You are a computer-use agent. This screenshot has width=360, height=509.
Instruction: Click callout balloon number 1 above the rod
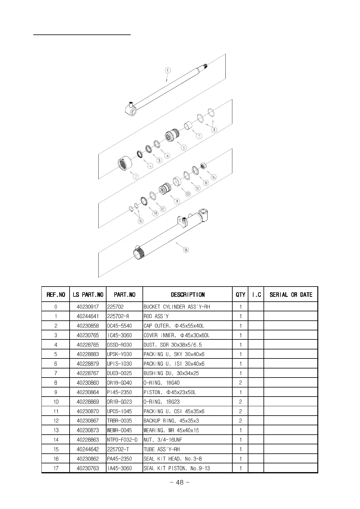(x=168, y=70)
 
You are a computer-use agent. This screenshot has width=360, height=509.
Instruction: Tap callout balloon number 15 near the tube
(x=186, y=250)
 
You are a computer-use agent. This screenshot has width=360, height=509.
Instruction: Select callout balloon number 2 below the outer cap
(x=136, y=177)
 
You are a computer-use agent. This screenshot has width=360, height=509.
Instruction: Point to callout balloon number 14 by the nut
(x=214, y=177)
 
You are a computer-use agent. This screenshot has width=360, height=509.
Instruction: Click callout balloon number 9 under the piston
(x=177, y=201)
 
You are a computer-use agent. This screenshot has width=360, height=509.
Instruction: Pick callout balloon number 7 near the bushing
(x=199, y=136)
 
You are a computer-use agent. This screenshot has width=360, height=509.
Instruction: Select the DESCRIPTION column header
(x=188, y=295)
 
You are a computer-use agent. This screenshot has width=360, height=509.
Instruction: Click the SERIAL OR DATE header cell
(x=291, y=295)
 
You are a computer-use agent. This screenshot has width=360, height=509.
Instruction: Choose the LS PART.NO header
(x=88, y=295)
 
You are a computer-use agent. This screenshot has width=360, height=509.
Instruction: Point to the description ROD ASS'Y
(x=156, y=316)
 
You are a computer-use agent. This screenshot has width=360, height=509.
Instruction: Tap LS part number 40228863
(x=88, y=440)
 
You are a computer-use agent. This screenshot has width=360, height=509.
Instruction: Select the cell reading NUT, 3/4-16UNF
(x=163, y=440)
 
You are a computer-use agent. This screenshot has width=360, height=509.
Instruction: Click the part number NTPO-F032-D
(x=122, y=440)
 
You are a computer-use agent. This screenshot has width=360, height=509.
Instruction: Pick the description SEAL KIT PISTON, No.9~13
(x=177, y=468)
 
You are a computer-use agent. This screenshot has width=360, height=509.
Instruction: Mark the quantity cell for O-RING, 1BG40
(x=241, y=383)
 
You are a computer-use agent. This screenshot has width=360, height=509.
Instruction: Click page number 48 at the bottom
(x=180, y=482)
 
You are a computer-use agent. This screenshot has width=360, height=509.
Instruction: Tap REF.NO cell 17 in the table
(x=56, y=468)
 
